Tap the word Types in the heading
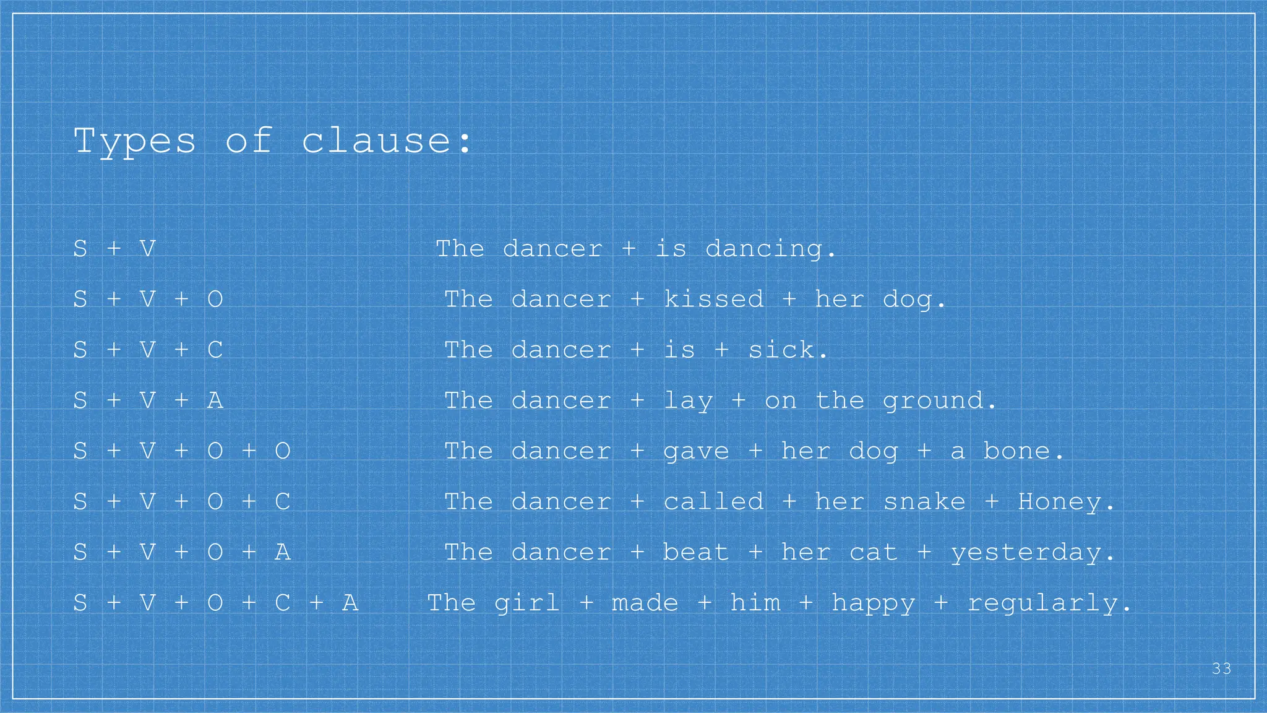(135, 142)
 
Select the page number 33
(1221, 669)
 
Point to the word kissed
(713, 300)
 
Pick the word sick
(787, 350)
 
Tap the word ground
(938, 401)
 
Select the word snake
(924, 502)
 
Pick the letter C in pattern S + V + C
(215, 350)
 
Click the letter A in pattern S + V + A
(215, 401)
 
